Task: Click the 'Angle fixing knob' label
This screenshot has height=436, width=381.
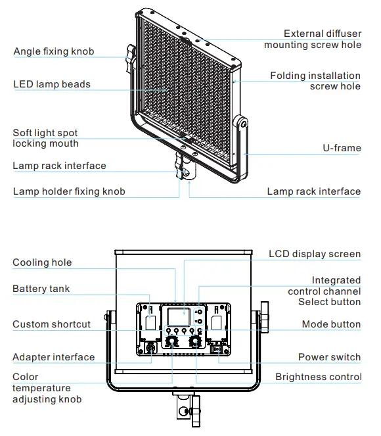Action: (53, 51)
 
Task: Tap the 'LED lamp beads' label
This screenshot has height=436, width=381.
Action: (52, 84)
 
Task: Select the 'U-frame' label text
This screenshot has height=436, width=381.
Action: (342, 148)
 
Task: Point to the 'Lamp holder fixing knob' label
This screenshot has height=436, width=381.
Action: (69, 191)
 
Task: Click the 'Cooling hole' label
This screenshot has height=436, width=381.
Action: (42, 262)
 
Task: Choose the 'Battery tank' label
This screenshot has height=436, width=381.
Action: (41, 289)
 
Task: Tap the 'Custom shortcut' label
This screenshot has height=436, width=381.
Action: (51, 324)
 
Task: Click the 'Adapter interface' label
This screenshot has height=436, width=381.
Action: (53, 357)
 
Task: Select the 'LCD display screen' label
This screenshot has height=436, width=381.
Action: (315, 254)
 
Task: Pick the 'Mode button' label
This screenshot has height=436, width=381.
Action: (331, 324)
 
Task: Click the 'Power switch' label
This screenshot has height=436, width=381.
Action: (329, 357)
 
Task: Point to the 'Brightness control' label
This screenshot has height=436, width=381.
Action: (318, 377)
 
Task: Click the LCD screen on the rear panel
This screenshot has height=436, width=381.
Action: (176, 317)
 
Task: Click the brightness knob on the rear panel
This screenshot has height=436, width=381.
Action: (195, 342)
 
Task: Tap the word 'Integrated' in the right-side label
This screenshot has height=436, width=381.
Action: (336, 280)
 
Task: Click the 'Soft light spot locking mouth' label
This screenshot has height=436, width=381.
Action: (45, 138)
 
